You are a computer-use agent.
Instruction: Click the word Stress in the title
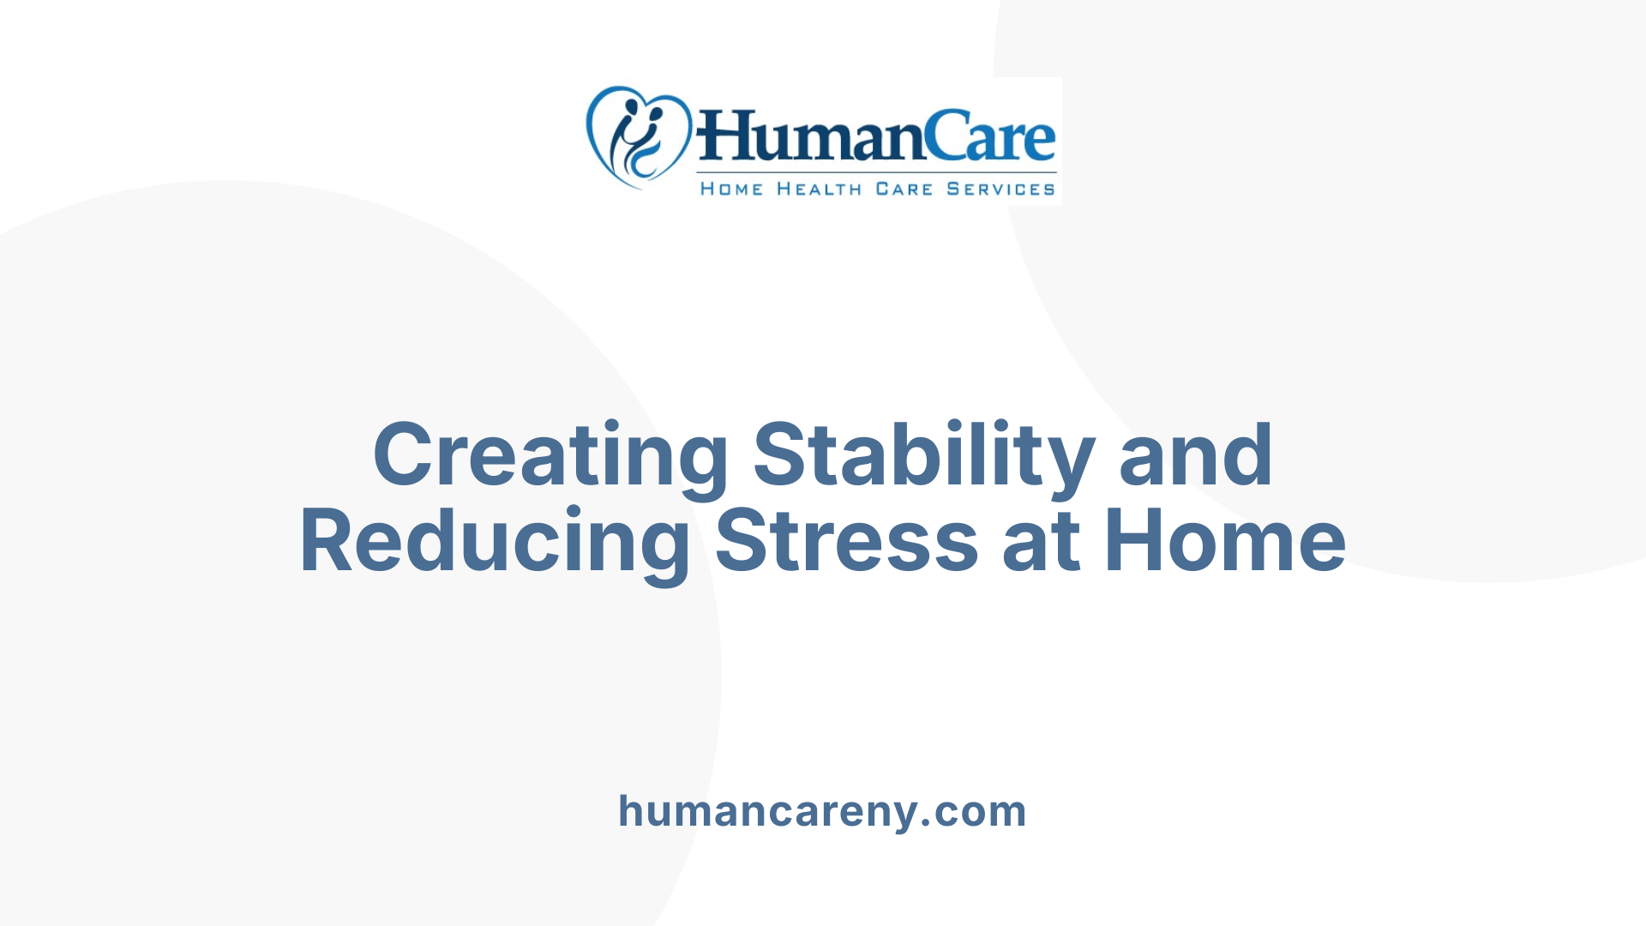(846, 542)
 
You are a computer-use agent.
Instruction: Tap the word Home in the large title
(1225, 542)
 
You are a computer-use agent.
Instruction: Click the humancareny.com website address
(822, 811)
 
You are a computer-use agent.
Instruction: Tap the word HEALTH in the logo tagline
(819, 189)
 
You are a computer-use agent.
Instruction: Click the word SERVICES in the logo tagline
(1000, 189)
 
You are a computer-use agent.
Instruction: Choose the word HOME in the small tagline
(731, 189)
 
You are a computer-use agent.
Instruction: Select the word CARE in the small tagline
(904, 189)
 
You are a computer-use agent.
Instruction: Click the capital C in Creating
(402, 455)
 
